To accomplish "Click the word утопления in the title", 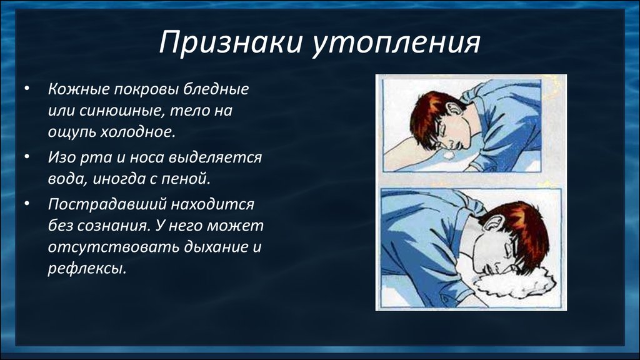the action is [x=395, y=43].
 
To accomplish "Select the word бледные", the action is [x=216, y=89].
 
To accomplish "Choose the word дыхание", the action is [x=216, y=247].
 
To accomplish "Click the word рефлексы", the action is [x=87, y=269].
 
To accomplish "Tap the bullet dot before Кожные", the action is [x=27, y=88].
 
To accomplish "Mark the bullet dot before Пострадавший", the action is [x=27, y=203].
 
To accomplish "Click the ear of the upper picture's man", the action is [x=454, y=110].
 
